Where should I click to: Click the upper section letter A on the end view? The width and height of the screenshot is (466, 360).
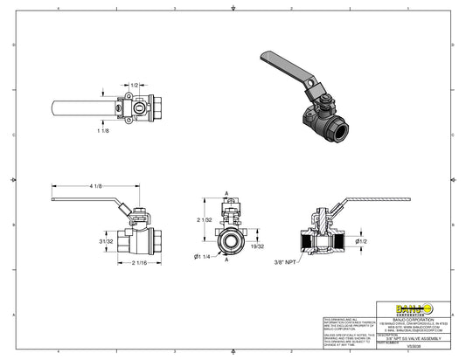click(227, 193)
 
